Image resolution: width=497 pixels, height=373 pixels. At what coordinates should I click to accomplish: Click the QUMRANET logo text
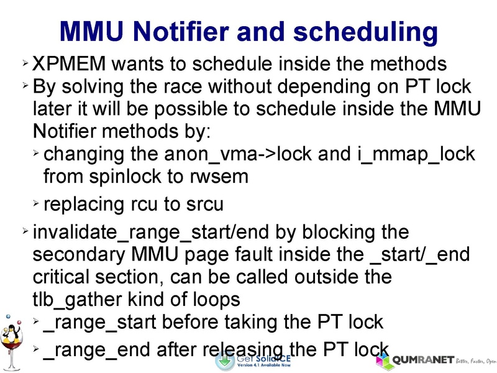coord(422,360)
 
